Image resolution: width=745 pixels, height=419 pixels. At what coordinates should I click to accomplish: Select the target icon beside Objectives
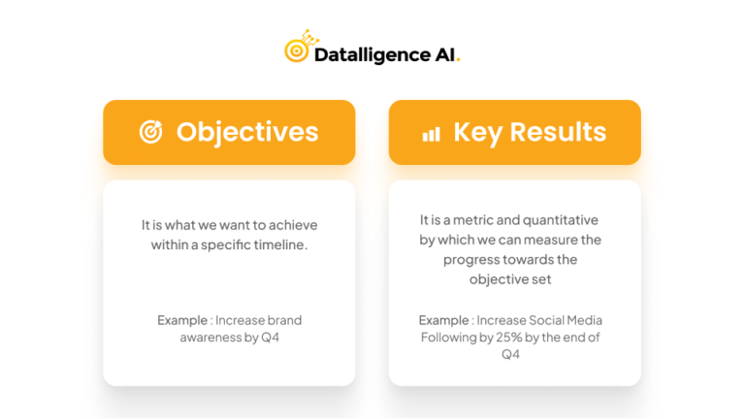click(150, 132)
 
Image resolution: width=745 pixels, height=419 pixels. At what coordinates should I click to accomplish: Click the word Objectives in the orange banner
click(246, 132)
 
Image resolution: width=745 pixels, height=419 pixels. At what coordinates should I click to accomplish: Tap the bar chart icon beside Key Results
click(431, 134)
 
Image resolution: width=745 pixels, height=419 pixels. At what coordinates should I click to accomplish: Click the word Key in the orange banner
click(477, 132)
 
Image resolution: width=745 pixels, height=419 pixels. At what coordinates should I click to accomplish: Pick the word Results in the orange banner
click(558, 132)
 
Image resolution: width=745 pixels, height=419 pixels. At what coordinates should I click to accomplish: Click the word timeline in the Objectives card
click(279, 244)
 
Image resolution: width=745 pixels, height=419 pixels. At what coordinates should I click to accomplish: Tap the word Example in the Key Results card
click(443, 320)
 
